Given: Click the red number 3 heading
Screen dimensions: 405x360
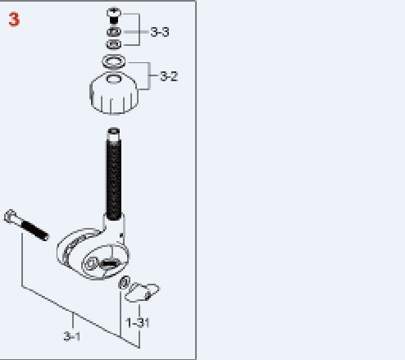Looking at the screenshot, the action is pos(14,20).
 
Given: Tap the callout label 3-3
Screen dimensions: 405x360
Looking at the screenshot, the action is pos(160,32).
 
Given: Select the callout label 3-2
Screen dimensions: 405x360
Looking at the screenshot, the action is pos(169,76).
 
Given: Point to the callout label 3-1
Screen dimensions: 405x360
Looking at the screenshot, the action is pos(72,336).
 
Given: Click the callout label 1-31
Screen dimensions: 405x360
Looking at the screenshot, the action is pos(138,323).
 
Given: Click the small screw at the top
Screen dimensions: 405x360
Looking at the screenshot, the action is pos(114,16).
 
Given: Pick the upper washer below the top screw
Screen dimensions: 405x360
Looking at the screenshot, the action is pos(114,32).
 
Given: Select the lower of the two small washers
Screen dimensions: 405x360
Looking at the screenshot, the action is pos(114,44).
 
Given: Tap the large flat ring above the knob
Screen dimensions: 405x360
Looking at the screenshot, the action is pos(114,62).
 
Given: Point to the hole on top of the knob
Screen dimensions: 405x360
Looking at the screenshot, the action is pos(114,79).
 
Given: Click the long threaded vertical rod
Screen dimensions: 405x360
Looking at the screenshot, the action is pos(114,175).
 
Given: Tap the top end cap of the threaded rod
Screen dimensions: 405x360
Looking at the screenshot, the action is pos(114,131).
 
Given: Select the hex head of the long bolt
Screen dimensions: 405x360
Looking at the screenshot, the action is pos(11,216).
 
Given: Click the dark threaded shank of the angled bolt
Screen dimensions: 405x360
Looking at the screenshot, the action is pos(35,230).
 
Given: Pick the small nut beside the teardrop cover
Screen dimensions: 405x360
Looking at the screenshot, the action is pos(124,282).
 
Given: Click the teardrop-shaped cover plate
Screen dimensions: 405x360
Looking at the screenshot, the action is pos(142,293).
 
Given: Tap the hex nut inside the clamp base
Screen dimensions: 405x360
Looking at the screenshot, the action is pos(90,264).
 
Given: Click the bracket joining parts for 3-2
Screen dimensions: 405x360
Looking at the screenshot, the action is pos(149,75).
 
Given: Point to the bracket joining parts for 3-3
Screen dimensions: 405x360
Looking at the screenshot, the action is pos(139,30).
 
